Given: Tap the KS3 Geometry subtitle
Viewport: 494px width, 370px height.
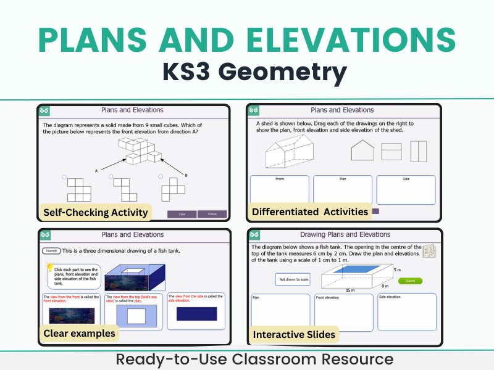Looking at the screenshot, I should (247, 73).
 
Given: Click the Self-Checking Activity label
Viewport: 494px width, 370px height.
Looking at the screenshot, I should (95, 212).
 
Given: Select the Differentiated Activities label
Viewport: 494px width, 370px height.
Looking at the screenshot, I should (309, 212).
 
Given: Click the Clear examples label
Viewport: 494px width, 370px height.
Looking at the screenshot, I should (79, 334).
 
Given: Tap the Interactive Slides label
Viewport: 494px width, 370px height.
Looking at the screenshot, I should (294, 334).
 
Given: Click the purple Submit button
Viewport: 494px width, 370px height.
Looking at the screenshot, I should (212, 214).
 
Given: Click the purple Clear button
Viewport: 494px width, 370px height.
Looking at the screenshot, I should (182, 214).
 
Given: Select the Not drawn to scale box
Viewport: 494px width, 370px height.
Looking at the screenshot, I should (292, 279).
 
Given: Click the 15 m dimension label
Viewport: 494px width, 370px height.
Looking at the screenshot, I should (350, 290).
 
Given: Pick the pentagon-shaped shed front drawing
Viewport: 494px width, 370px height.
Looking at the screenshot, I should (362, 150).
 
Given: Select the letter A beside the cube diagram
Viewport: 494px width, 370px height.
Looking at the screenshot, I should (96, 170).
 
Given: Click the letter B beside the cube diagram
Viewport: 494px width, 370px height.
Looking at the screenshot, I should (186, 175).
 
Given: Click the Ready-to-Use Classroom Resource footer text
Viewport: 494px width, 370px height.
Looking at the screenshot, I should (247, 359).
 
